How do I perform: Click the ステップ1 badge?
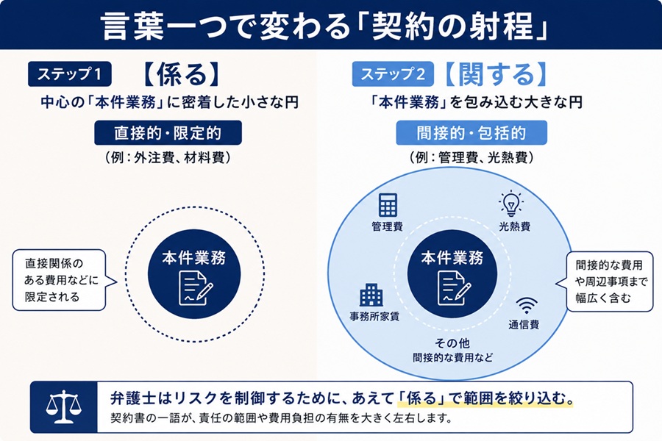point(70,73)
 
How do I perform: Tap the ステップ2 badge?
point(393,73)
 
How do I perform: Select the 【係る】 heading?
point(181,74)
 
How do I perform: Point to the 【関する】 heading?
point(496,74)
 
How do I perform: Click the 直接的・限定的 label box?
point(168,133)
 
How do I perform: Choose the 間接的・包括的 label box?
point(471,133)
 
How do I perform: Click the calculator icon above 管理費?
point(388,204)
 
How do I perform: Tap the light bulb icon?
point(511,203)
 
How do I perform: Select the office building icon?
point(371,295)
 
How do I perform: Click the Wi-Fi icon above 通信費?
point(527,306)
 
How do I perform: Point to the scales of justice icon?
point(64,406)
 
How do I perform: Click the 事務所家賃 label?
point(374,317)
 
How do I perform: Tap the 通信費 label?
point(524,325)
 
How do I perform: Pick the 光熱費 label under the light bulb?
point(515,226)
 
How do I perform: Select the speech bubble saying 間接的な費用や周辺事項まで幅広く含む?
point(607,282)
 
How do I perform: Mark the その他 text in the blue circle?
point(452,343)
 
